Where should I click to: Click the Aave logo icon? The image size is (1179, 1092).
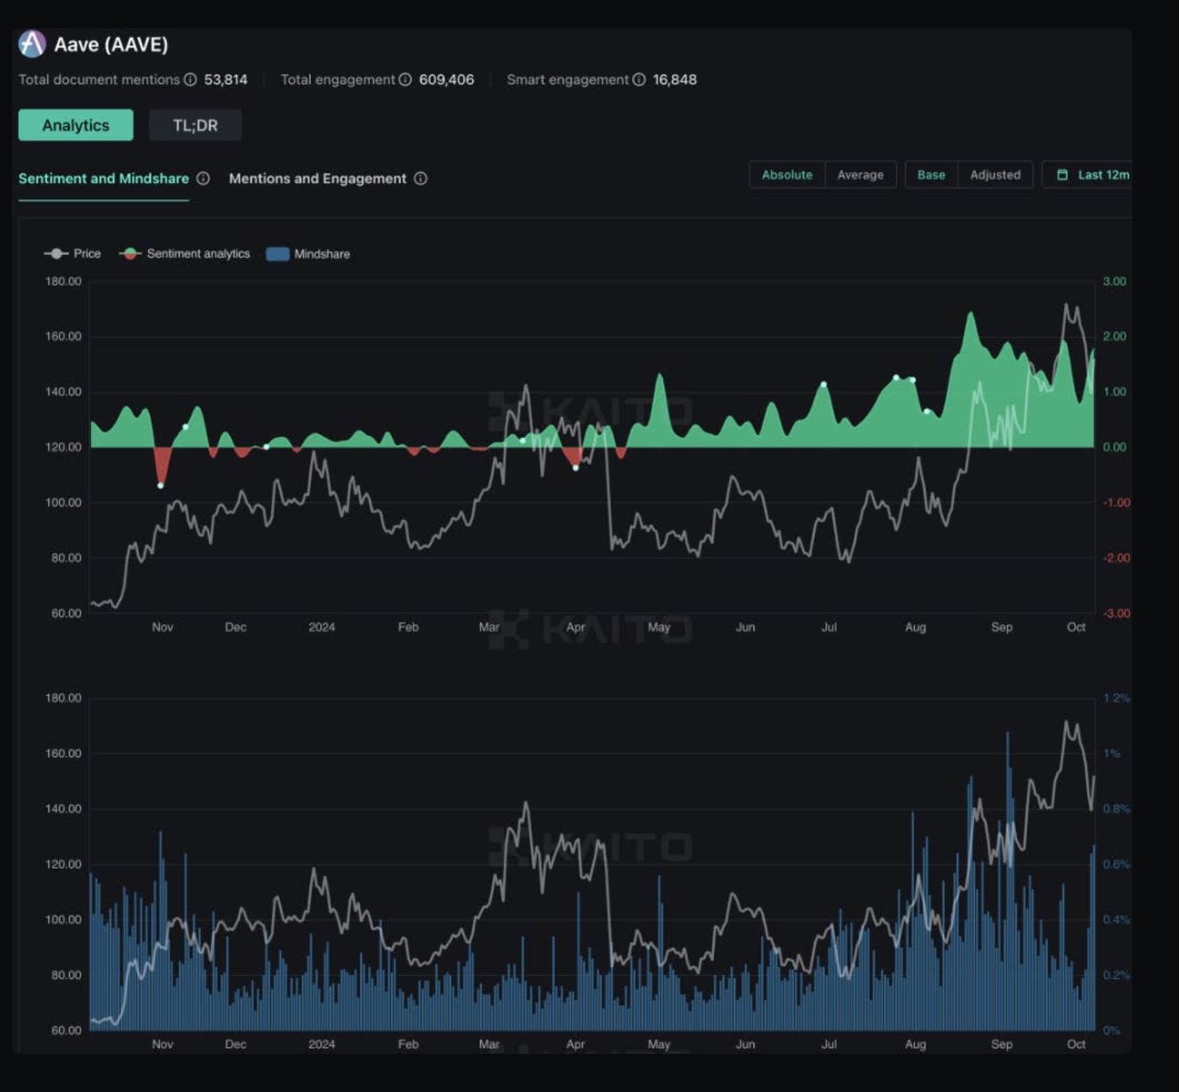(x=32, y=44)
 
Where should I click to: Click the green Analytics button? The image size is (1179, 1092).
(x=76, y=125)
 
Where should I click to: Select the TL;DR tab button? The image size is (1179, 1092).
(x=195, y=125)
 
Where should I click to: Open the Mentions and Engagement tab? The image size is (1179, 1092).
(x=318, y=179)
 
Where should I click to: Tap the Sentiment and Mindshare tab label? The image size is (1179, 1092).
(x=103, y=179)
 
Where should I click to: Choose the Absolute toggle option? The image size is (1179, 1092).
(x=786, y=175)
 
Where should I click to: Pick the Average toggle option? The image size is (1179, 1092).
(x=860, y=175)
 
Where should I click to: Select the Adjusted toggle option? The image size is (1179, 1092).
(x=995, y=175)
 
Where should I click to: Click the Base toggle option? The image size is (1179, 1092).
(x=931, y=175)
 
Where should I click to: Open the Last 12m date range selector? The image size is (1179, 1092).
(x=1094, y=175)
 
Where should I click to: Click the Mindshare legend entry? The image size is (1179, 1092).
(x=308, y=254)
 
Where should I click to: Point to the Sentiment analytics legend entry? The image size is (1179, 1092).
(x=185, y=254)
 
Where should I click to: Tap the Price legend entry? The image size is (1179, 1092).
(x=73, y=254)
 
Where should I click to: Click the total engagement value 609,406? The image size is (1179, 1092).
(x=446, y=80)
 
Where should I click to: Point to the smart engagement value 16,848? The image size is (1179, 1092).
(x=674, y=80)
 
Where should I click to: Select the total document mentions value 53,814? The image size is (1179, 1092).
(x=226, y=80)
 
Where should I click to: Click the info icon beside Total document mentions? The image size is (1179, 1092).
(x=190, y=80)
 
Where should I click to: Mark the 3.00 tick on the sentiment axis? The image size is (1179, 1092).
(x=1114, y=281)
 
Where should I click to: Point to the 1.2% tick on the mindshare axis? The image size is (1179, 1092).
(x=1116, y=698)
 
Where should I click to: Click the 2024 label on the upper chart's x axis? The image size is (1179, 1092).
(x=322, y=627)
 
